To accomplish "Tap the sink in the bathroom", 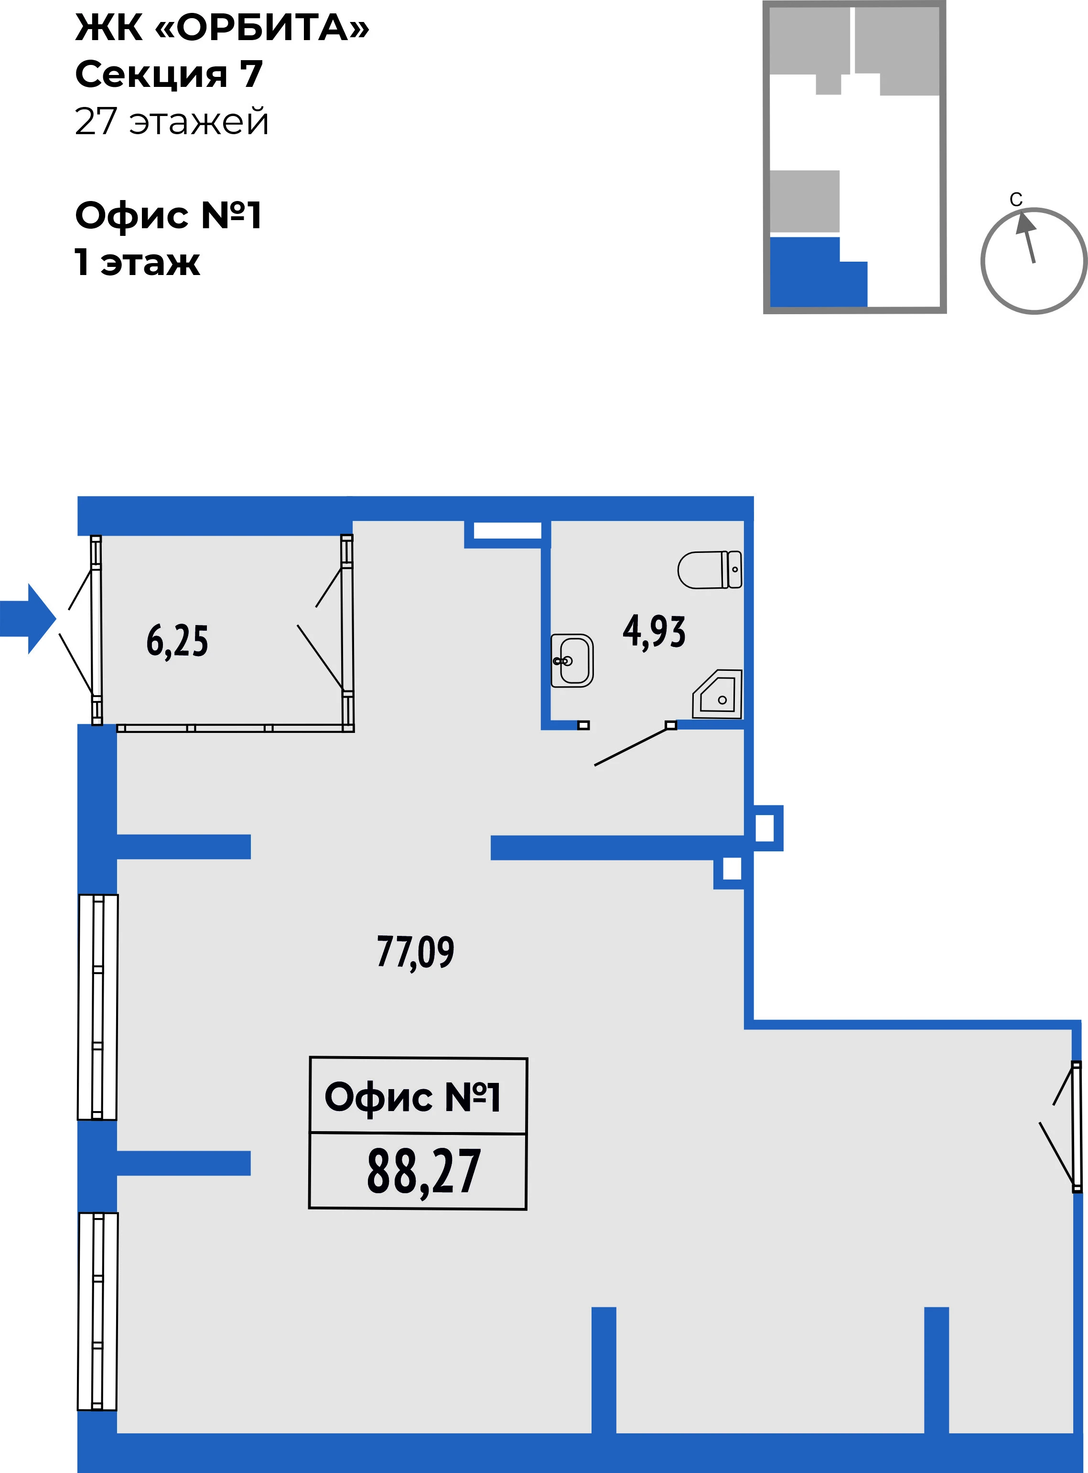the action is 571,661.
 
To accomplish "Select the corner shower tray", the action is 717,694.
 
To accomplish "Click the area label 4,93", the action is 654,632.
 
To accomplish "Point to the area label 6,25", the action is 177,642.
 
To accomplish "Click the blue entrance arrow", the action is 28,619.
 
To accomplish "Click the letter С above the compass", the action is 1016,200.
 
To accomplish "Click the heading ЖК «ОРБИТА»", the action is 222,28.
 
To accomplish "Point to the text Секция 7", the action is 169,74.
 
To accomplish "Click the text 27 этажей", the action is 172,121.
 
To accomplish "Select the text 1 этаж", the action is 137,262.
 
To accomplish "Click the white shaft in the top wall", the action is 507,530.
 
